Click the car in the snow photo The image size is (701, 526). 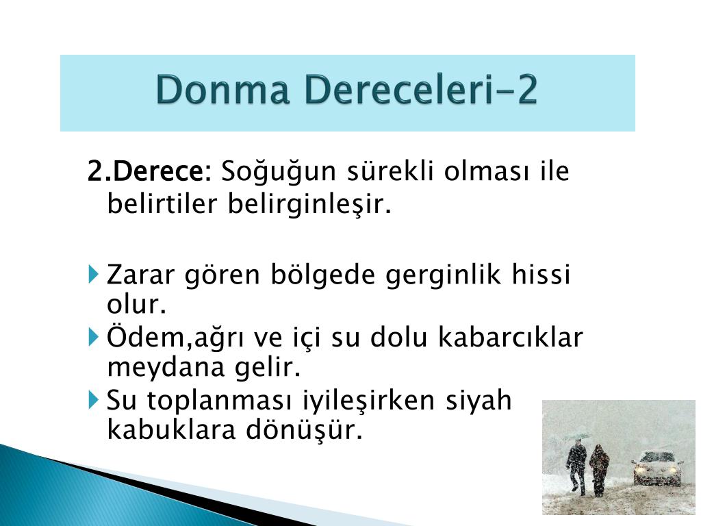[657, 468]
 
